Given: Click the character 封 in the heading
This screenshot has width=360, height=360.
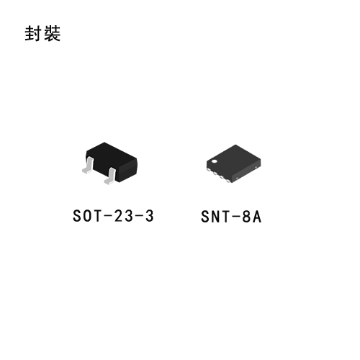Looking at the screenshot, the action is [x=33, y=33].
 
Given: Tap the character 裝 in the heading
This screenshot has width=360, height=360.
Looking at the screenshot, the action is [x=52, y=33].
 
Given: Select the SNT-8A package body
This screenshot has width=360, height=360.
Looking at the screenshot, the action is [x=233, y=163].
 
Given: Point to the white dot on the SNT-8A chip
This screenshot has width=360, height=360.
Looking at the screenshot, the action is [x=214, y=161].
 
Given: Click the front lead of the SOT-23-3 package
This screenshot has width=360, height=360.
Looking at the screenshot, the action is [x=110, y=176].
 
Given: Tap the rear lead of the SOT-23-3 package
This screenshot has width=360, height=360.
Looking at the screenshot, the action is [x=88, y=165].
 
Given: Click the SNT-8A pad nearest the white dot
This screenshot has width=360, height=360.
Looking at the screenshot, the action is [x=208, y=170].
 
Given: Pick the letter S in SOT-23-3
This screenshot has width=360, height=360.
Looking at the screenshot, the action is [x=77, y=216].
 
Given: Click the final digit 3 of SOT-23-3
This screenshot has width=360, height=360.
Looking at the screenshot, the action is [x=149, y=216].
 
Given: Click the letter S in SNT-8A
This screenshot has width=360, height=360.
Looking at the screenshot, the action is [x=205, y=217].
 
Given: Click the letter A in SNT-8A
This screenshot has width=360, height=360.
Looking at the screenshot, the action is [x=257, y=217].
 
